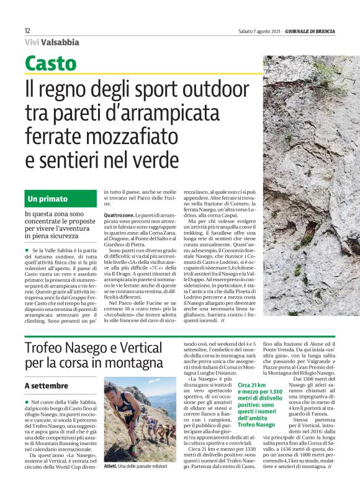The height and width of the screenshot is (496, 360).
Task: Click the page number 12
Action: pyautogui.click(x=27, y=30)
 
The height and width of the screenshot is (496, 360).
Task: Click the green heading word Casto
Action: pyautogui.click(x=51, y=63)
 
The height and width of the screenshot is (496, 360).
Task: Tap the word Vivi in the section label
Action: pyautogui.click(x=33, y=42)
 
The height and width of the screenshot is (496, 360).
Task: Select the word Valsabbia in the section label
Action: pyautogui.click(x=61, y=42)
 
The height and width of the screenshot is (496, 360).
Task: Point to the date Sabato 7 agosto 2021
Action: pyautogui.click(x=259, y=30)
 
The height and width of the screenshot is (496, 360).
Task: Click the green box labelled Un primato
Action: pyautogui.click(x=61, y=199)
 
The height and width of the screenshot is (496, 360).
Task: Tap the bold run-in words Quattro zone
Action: pyautogui.click(x=118, y=215)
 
